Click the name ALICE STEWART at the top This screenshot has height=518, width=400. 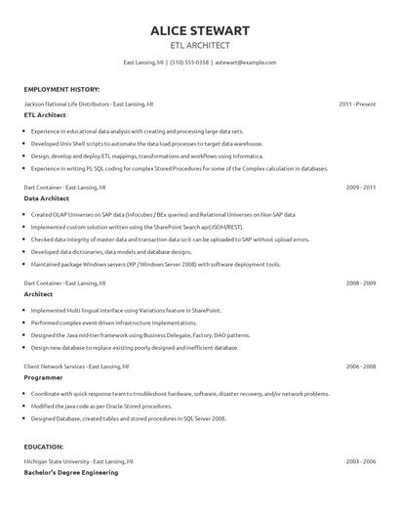[x=199, y=30]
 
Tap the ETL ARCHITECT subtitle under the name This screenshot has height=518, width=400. [x=199, y=45]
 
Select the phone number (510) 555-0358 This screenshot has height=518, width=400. [x=189, y=63]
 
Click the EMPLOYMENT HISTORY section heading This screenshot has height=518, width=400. [x=60, y=88]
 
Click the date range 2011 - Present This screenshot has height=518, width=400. [x=357, y=103]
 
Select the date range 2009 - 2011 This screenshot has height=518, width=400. [x=360, y=186]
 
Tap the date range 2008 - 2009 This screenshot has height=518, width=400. [x=360, y=282]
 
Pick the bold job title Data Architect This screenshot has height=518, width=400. [x=47, y=197]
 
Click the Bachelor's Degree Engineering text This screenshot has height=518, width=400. [x=70, y=472]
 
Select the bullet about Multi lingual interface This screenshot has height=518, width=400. [x=128, y=309]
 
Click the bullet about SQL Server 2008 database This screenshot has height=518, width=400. [x=128, y=417]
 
